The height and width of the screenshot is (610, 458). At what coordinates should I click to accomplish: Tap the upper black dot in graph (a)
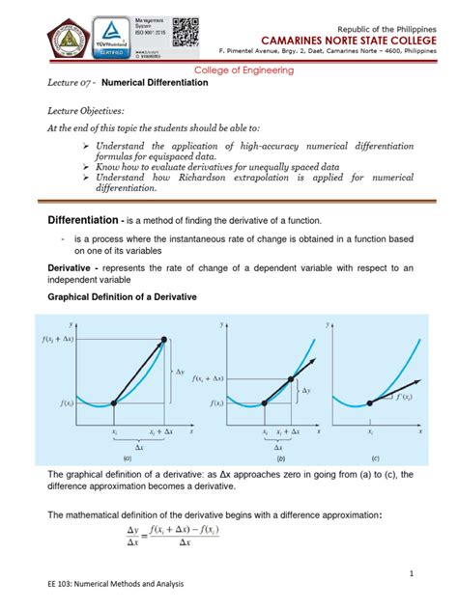coord(163,339)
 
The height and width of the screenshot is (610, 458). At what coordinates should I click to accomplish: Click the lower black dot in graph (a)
coord(113,402)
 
